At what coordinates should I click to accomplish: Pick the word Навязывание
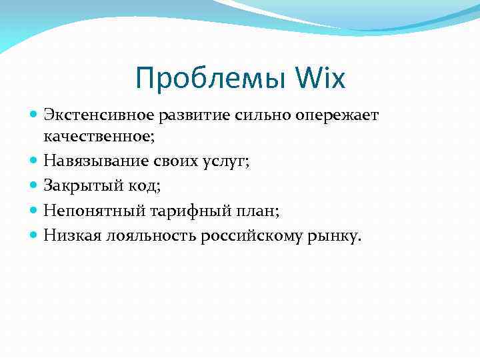93,161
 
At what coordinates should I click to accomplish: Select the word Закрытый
79,185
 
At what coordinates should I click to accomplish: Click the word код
141,185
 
